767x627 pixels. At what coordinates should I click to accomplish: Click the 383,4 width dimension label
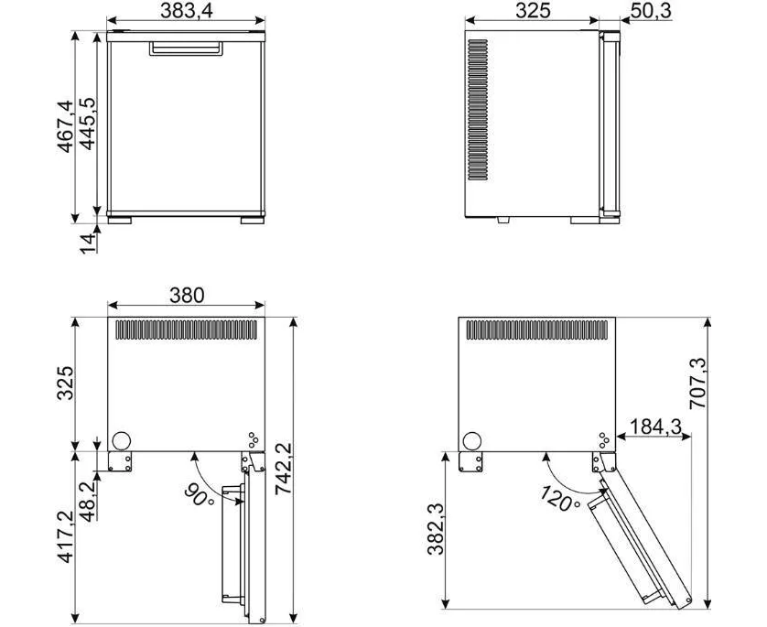[x=187, y=10]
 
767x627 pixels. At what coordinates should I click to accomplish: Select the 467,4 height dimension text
[x=65, y=126]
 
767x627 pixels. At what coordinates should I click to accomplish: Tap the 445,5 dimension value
[x=87, y=124]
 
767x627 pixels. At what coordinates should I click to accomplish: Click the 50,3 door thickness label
[x=651, y=10]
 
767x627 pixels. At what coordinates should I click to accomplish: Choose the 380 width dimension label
[x=187, y=296]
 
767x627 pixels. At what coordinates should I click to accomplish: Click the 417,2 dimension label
[x=65, y=536]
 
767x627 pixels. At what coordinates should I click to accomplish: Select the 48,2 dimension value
[x=87, y=502]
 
